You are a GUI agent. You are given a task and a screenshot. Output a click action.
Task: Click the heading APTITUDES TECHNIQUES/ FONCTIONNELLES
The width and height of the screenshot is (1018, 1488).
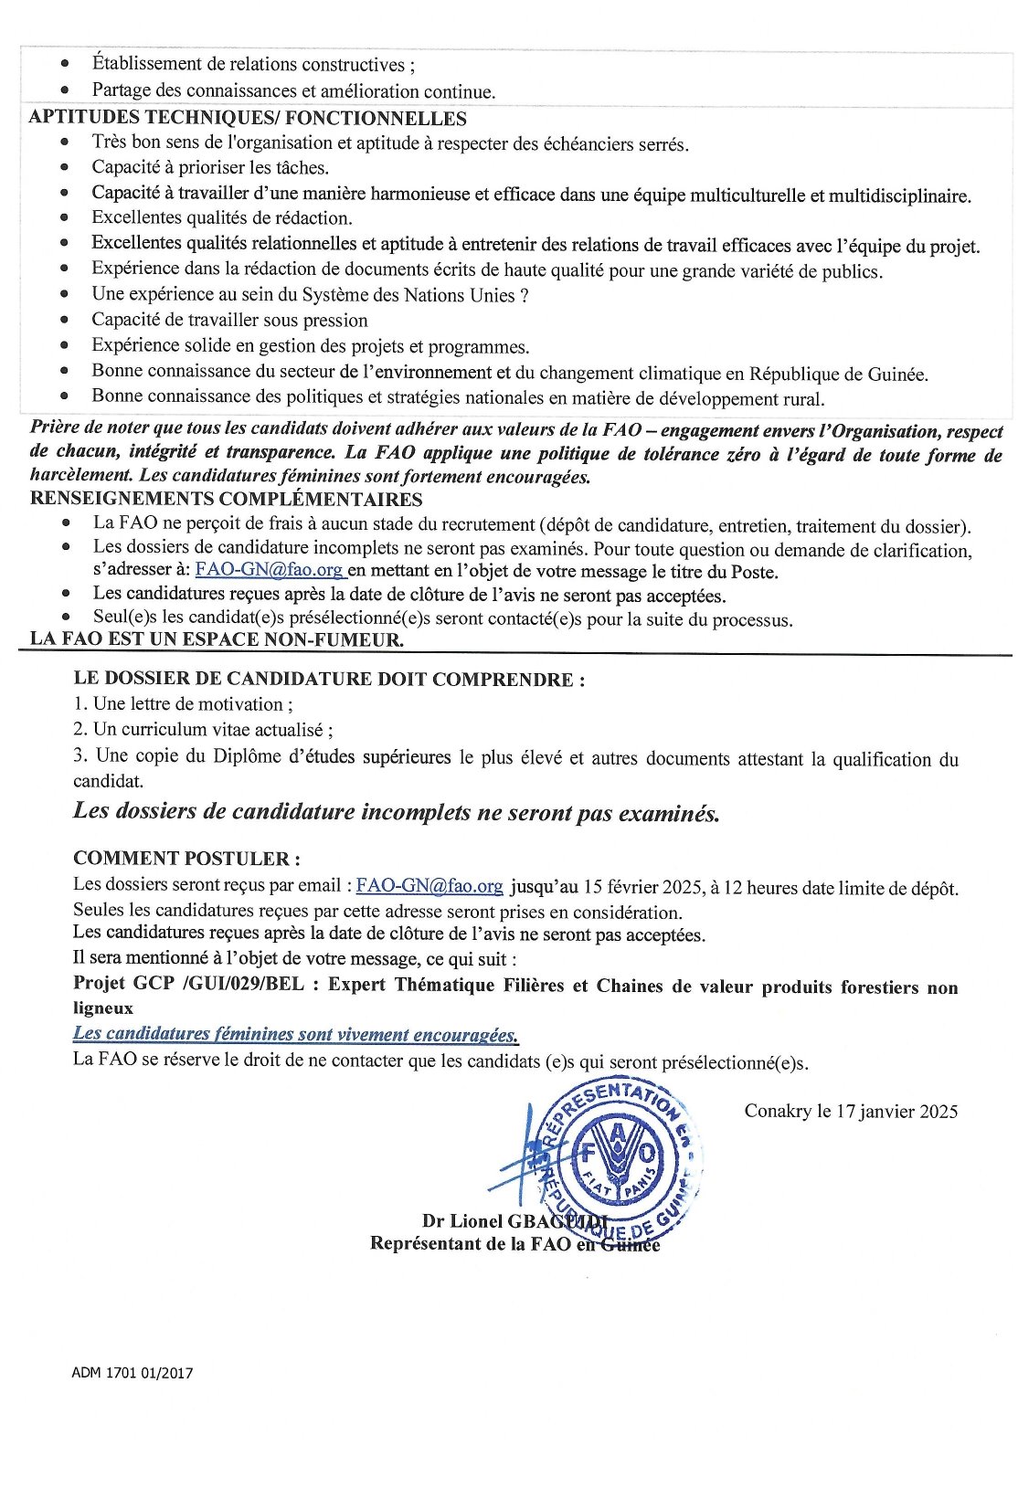248,118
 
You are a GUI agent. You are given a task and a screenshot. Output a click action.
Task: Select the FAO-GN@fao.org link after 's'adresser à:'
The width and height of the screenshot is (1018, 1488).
270,570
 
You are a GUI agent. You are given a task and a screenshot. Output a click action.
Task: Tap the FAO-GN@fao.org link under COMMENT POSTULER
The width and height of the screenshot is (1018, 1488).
429,885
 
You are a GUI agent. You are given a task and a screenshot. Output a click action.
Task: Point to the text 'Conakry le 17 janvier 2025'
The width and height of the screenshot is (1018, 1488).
851,1111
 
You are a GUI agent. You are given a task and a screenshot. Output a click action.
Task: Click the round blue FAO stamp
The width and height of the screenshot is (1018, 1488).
619,1157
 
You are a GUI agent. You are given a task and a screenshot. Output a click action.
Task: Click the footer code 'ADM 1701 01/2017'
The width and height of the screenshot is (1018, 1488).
133,1373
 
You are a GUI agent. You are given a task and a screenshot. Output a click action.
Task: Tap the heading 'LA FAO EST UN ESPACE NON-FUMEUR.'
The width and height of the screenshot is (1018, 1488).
217,638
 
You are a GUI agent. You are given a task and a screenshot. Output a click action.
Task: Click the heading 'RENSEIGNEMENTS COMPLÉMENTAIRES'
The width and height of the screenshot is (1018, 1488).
226,499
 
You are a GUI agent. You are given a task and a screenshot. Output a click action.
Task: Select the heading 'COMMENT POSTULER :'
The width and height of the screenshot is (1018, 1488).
186,858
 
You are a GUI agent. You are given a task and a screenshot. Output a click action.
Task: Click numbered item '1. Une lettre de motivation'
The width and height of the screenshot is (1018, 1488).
183,704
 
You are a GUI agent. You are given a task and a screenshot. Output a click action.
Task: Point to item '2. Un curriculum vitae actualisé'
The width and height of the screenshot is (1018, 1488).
203,730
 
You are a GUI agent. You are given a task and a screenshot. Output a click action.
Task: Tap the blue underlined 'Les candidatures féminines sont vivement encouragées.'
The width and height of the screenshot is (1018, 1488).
295,1034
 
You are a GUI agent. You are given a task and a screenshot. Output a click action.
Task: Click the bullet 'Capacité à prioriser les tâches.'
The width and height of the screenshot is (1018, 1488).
210,167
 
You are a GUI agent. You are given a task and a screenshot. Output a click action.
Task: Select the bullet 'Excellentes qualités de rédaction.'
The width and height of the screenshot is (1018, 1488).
222,218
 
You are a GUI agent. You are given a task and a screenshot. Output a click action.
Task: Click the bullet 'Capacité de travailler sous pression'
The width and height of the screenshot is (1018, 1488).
229,321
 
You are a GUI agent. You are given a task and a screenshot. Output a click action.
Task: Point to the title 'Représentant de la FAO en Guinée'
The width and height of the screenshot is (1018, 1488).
514,1243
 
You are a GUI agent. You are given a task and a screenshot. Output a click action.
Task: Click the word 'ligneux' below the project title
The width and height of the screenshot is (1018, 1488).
103,1008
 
